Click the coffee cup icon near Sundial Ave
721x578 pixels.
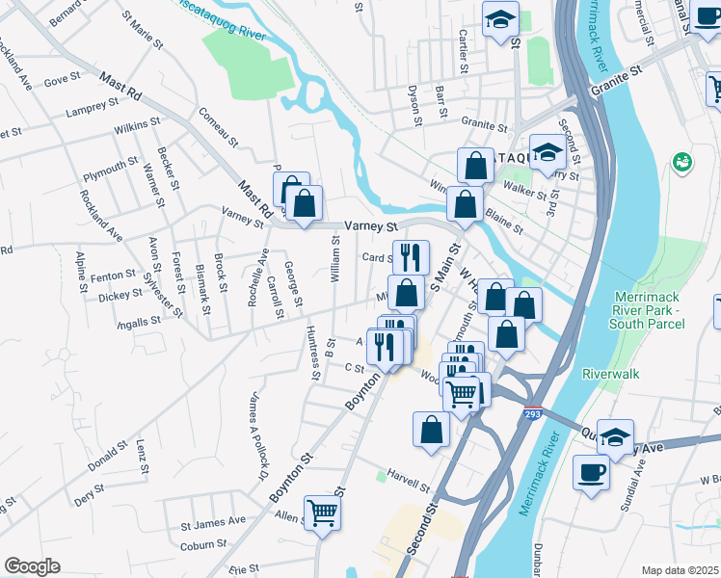(591, 472)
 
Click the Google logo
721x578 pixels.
(32, 566)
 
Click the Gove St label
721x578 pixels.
(62, 80)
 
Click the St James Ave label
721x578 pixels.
(213, 522)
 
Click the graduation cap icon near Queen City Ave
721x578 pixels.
(615, 436)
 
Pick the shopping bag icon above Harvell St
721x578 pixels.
(431, 430)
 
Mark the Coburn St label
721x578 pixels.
(202, 545)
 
